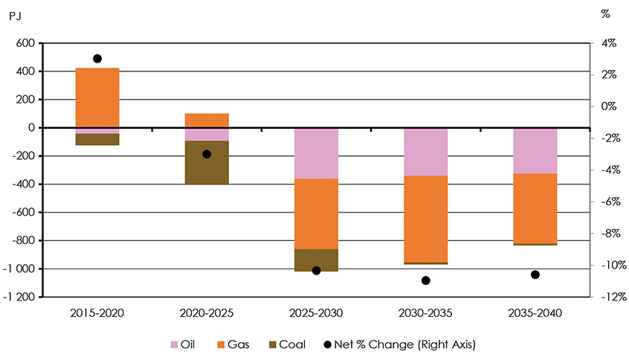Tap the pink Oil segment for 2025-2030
point(316,153)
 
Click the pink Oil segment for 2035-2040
point(535,151)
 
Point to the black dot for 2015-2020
point(97,59)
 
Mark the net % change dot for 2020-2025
point(207,154)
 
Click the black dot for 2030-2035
point(425,280)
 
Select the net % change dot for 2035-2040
point(535,274)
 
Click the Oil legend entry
point(184,344)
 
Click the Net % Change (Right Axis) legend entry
point(401,344)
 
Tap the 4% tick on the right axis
point(608,44)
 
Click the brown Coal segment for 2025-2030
point(316,260)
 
